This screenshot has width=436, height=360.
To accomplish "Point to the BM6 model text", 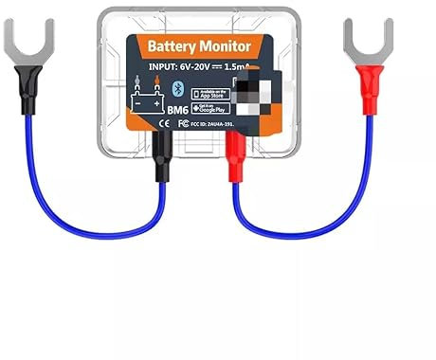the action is coord(177,112).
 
